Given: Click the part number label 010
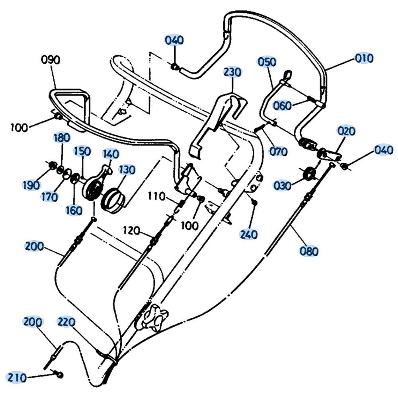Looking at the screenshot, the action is point(364,58).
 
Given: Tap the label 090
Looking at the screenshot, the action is point(51,60).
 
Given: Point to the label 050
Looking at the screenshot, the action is point(267,62).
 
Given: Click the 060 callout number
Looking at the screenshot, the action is point(282,105).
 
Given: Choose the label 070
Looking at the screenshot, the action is point(278,152).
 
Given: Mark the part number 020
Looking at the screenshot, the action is point(346,131).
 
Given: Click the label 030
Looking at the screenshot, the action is point(282,185).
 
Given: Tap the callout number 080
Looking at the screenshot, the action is point(309,251).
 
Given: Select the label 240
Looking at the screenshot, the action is point(249,234).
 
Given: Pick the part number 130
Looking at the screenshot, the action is point(127,170).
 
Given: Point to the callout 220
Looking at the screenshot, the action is point(66,322).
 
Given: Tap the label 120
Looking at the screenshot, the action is point(131,230).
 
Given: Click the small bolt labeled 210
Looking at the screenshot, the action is point(60,375).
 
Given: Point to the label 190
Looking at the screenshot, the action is point(31,185).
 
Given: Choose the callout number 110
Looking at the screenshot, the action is point(156,196).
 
